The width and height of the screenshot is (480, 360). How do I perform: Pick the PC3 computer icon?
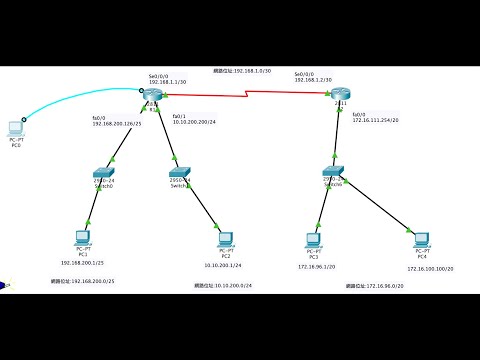(312, 238)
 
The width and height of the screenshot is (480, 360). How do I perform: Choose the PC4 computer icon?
(409, 238)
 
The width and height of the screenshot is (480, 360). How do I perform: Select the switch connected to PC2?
(180, 173)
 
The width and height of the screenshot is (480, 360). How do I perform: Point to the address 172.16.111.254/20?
(374, 120)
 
